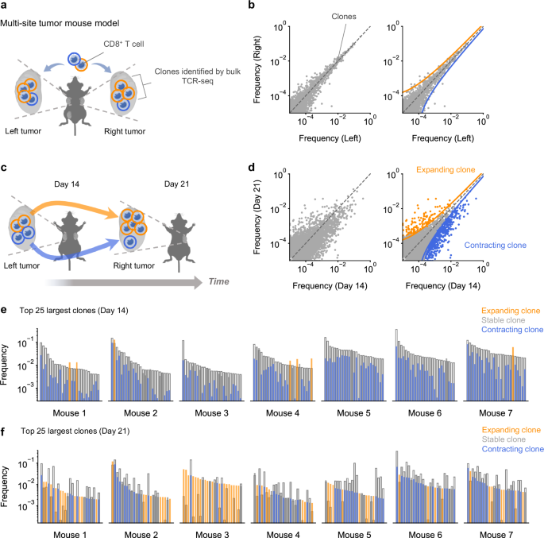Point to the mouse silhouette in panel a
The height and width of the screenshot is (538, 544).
(94, 94)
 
